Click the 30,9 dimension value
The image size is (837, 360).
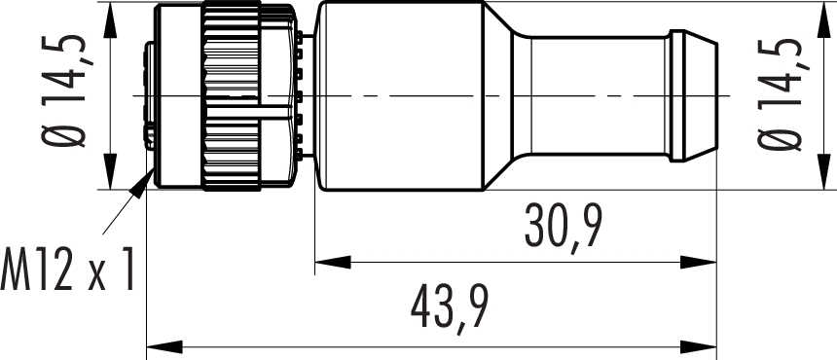pyautogui.click(x=564, y=226)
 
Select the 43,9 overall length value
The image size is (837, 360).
pyautogui.click(x=450, y=306)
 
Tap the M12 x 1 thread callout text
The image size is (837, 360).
pyautogui.click(x=67, y=270)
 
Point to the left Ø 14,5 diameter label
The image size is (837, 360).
pyautogui.click(x=63, y=90)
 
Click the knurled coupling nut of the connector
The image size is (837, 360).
pyautogui.click(x=231, y=96)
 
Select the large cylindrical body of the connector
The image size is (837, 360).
pyautogui.click(x=400, y=96)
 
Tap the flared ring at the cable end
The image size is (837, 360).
pyautogui.click(x=693, y=96)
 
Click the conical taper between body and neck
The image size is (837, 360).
pyautogui.click(x=498, y=96)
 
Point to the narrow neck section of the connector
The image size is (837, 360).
pyautogui.click(x=591, y=96)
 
